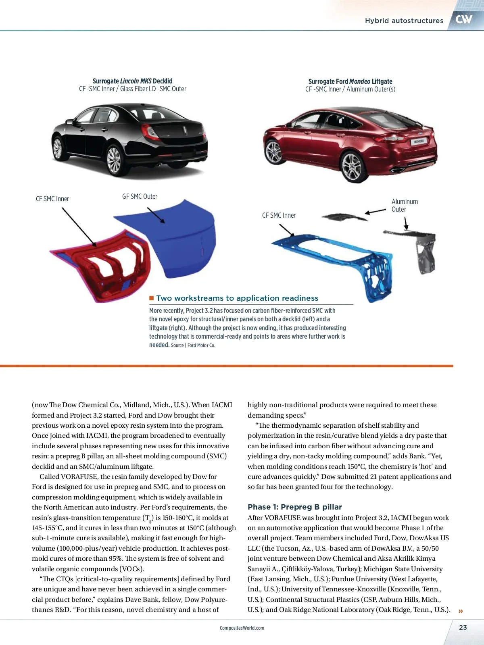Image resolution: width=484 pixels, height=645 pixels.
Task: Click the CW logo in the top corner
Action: [464, 19]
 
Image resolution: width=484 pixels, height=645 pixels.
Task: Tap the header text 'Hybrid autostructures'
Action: [404, 21]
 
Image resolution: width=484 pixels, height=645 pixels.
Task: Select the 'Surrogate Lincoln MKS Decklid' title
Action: [132, 81]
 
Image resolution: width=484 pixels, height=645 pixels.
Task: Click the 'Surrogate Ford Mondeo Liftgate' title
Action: [350, 81]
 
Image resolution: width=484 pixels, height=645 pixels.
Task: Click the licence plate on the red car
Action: [418, 141]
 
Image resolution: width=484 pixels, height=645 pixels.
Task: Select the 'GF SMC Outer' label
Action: [140, 196]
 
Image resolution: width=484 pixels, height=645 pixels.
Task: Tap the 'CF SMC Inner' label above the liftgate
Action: [279, 215]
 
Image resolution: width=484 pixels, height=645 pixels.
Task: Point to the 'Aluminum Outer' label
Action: [404, 205]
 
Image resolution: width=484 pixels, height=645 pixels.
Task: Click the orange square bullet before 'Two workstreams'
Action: [152, 298]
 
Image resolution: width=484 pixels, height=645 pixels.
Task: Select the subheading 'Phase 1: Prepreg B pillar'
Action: [294, 507]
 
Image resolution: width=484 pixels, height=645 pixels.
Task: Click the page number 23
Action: [463, 627]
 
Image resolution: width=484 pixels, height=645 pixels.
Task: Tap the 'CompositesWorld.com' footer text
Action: [242, 628]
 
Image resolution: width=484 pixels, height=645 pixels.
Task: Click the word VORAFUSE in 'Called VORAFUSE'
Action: [79, 476]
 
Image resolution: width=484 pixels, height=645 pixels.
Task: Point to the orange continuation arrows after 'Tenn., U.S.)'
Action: [461, 611]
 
